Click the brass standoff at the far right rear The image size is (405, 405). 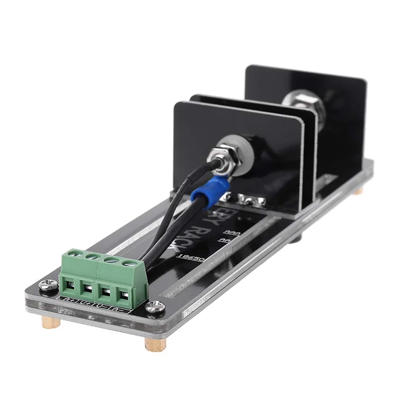coord(358,190)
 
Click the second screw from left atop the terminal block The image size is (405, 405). coord(92,256)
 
